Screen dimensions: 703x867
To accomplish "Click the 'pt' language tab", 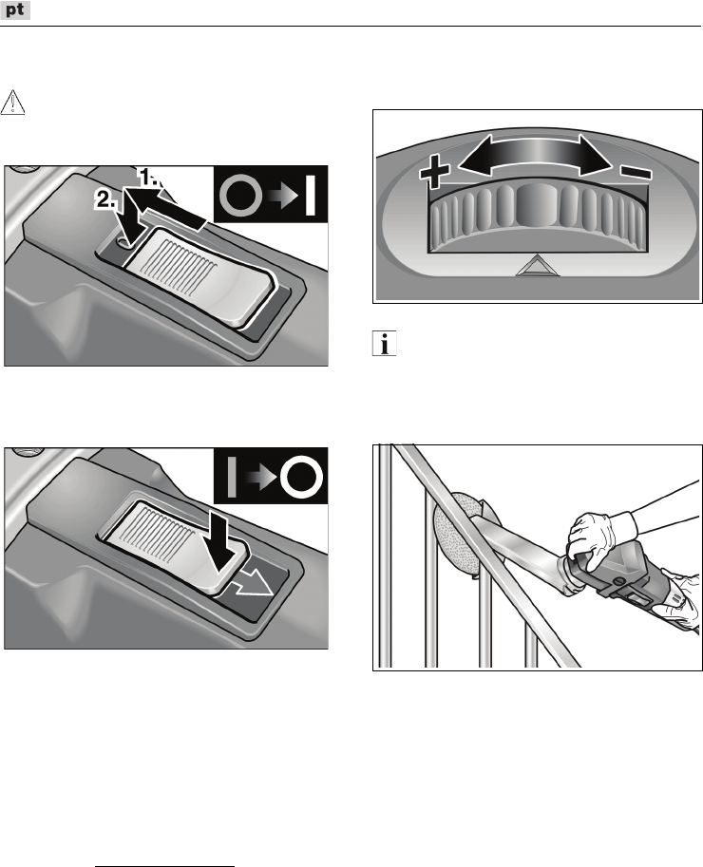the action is click(x=15, y=9).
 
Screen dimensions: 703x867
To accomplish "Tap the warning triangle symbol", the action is click(x=12, y=103).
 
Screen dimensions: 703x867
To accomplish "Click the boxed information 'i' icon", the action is click(x=384, y=344).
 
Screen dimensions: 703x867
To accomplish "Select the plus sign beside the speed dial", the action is click(x=435, y=170).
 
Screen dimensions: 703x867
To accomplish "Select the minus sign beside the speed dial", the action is click(x=636, y=172).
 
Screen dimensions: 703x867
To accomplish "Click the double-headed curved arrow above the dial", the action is click(x=535, y=153).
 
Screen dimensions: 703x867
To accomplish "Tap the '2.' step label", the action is click(x=106, y=199).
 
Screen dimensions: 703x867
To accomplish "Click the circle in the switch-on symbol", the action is click(x=241, y=195).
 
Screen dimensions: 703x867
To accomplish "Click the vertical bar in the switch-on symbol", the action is click(x=311, y=195).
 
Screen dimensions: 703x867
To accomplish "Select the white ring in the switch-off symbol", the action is click(x=301, y=477).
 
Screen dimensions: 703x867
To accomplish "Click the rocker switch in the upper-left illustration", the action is click(x=199, y=275).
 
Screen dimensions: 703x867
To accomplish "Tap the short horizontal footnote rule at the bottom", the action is click(x=165, y=866).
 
